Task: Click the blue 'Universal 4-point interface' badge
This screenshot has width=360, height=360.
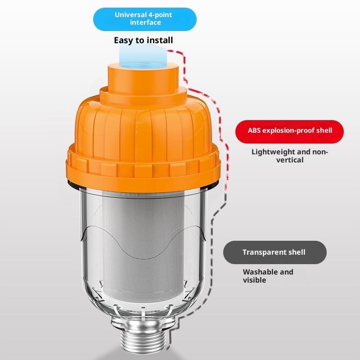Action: pyautogui.click(x=144, y=19)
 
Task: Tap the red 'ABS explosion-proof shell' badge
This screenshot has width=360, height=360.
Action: pyautogui.click(x=289, y=131)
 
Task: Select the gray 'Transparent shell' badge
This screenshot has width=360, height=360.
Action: pyautogui.click(x=275, y=252)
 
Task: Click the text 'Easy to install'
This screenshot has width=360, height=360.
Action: pyautogui.click(x=144, y=40)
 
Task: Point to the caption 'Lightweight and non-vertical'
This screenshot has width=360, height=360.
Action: pyautogui.click(x=290, y=156)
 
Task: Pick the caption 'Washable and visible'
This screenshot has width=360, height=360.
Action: pyautogui.click(x=268, y=276)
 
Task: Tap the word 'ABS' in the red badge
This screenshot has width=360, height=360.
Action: pyautogui.click(x=254, y=130)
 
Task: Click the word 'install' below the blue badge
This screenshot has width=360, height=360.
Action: pyautogui.click(x=160, y=40)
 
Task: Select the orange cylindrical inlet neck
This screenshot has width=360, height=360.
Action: pyautogui.click(x=143, y=78)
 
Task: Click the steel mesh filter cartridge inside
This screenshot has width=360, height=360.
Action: pyautogui.click(x=143, y=247)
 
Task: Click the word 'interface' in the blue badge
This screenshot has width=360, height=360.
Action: pyautogui.click(x=145, y=22)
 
